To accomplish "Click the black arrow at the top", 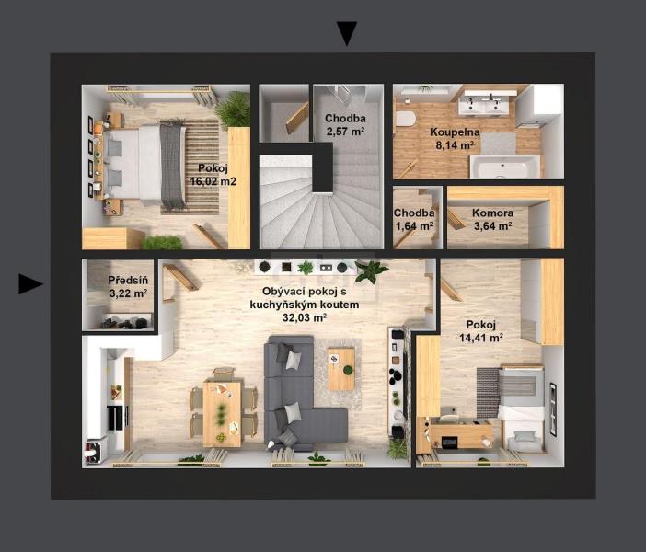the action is tap(347, 33).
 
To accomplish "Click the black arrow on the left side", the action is tap(31, 284).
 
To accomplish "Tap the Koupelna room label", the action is tap(455, 132).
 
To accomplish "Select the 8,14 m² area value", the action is tap(455, 145).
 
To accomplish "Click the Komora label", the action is tap(492, 213).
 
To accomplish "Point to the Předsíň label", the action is tap(128, 280).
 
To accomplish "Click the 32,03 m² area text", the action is tap(305, 317).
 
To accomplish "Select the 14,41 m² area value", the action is tap(480, 338).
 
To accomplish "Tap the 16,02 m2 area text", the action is tap(213, 181).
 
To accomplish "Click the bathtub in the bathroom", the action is tap(504, 167).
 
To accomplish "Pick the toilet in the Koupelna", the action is tap(405, 119).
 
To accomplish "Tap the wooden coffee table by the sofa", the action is tap(341, 369).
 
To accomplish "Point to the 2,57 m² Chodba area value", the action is tap(345, 132).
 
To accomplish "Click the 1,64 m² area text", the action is tap(414, 225).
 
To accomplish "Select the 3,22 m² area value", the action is tap(128, 293).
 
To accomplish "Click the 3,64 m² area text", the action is tap(492, 225).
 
